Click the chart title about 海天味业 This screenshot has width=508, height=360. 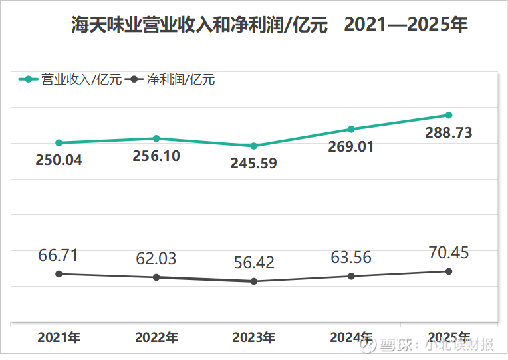click(269, 25)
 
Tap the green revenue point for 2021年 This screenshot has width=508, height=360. click(59, 142)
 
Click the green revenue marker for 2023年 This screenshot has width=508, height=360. click(253, 146)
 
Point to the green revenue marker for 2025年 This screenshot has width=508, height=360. click(449, 115)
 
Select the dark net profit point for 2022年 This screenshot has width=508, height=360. click(156, 277)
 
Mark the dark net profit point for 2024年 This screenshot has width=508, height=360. click(351, 276)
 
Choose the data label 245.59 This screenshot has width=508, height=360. click(253, 163)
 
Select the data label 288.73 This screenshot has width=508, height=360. click(449, 133)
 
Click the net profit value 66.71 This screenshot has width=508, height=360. click(59, 255)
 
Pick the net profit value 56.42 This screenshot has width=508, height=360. click(253, 262)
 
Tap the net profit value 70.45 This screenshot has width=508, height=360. click(449, 252)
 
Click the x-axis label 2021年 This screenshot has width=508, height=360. click(59, 337)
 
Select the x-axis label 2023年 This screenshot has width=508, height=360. click(253, 337)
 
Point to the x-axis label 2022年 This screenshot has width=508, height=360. click(156, 337)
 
